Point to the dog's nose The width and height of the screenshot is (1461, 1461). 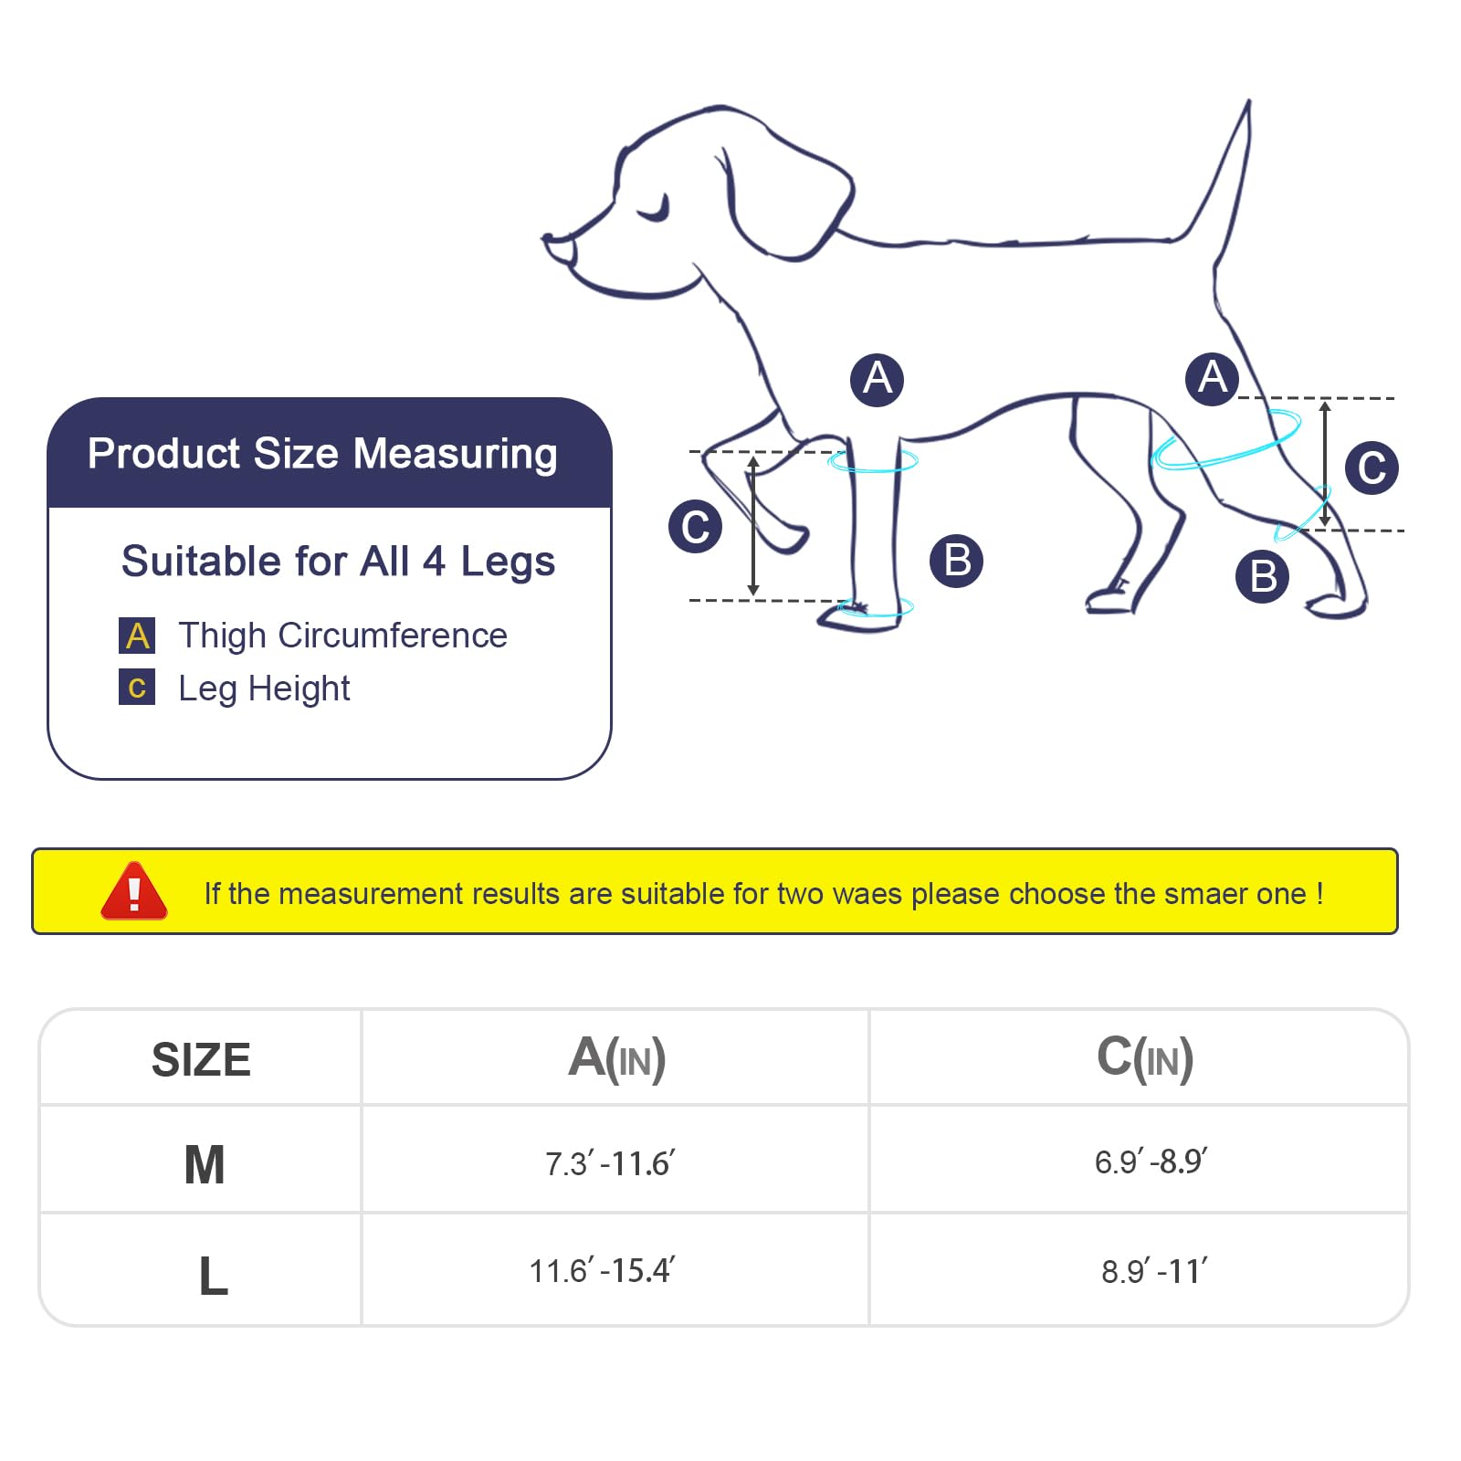click(553, 243)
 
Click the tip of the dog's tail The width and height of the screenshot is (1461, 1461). click(1248, 101)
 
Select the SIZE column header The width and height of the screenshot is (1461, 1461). click(201, 1060)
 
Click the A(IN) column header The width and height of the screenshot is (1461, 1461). click(616, 1058)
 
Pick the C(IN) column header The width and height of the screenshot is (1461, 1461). click(1145, 1058)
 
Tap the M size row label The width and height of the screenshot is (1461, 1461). click(205, 1164)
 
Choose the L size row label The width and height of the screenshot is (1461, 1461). click(213, 1276)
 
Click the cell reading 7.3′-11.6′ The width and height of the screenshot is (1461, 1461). click(610, 1163)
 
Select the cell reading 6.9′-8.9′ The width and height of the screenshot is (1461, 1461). click(1151, 1161)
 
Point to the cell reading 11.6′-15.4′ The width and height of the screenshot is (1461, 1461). click(602, 1270)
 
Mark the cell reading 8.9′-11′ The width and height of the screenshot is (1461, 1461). click(1154, 1271)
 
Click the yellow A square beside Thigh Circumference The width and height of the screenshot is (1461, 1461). click(137, 636)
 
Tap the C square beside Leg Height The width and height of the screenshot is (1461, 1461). click(137, 687)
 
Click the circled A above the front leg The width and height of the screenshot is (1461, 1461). click(877, 379)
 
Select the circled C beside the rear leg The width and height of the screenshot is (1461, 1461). click(1372, 468)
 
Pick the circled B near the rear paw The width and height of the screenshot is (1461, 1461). click(1263, 576)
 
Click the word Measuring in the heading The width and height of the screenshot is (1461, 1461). click(455, 454)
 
